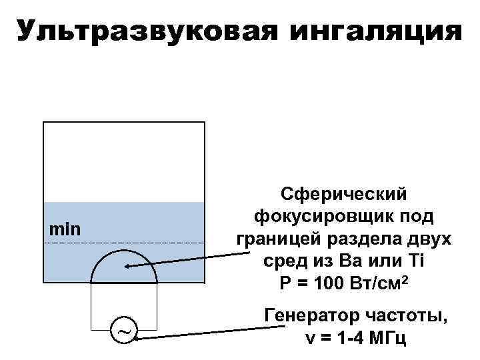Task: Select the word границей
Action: click(x=278, y=239)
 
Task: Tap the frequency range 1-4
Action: click(x=351, y=337)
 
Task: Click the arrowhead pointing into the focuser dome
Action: click(x=127, y=267)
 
